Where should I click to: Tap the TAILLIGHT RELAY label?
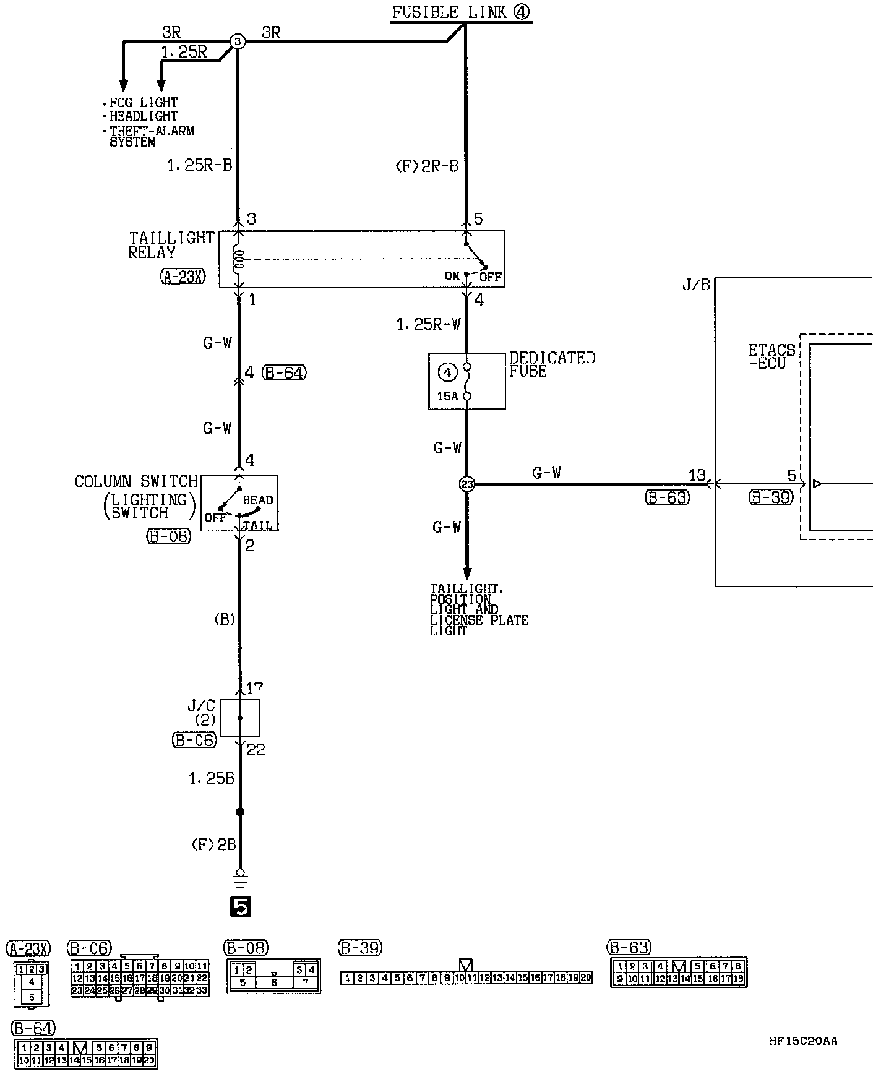click(171, 245)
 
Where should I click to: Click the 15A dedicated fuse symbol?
click(466, 381)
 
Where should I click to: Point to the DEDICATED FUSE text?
click(551, 364)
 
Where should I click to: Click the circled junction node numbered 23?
click(466, 484)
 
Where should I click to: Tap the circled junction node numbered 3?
click(238, 41)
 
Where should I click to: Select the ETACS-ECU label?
click(771, 357)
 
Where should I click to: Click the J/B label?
click(696, 285)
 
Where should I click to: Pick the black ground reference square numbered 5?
click(240, 906)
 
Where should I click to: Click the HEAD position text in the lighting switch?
click(257, 500)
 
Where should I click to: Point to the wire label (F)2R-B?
click(426, 166)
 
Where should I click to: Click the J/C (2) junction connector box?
click(240, 718)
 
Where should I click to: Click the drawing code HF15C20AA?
click(803, 1041)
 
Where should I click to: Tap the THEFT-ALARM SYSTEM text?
click(151, 136)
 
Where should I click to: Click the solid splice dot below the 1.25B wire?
click(240, 812)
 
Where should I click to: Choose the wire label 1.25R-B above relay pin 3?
click(199, 166)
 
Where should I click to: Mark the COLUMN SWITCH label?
click(135, 481)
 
